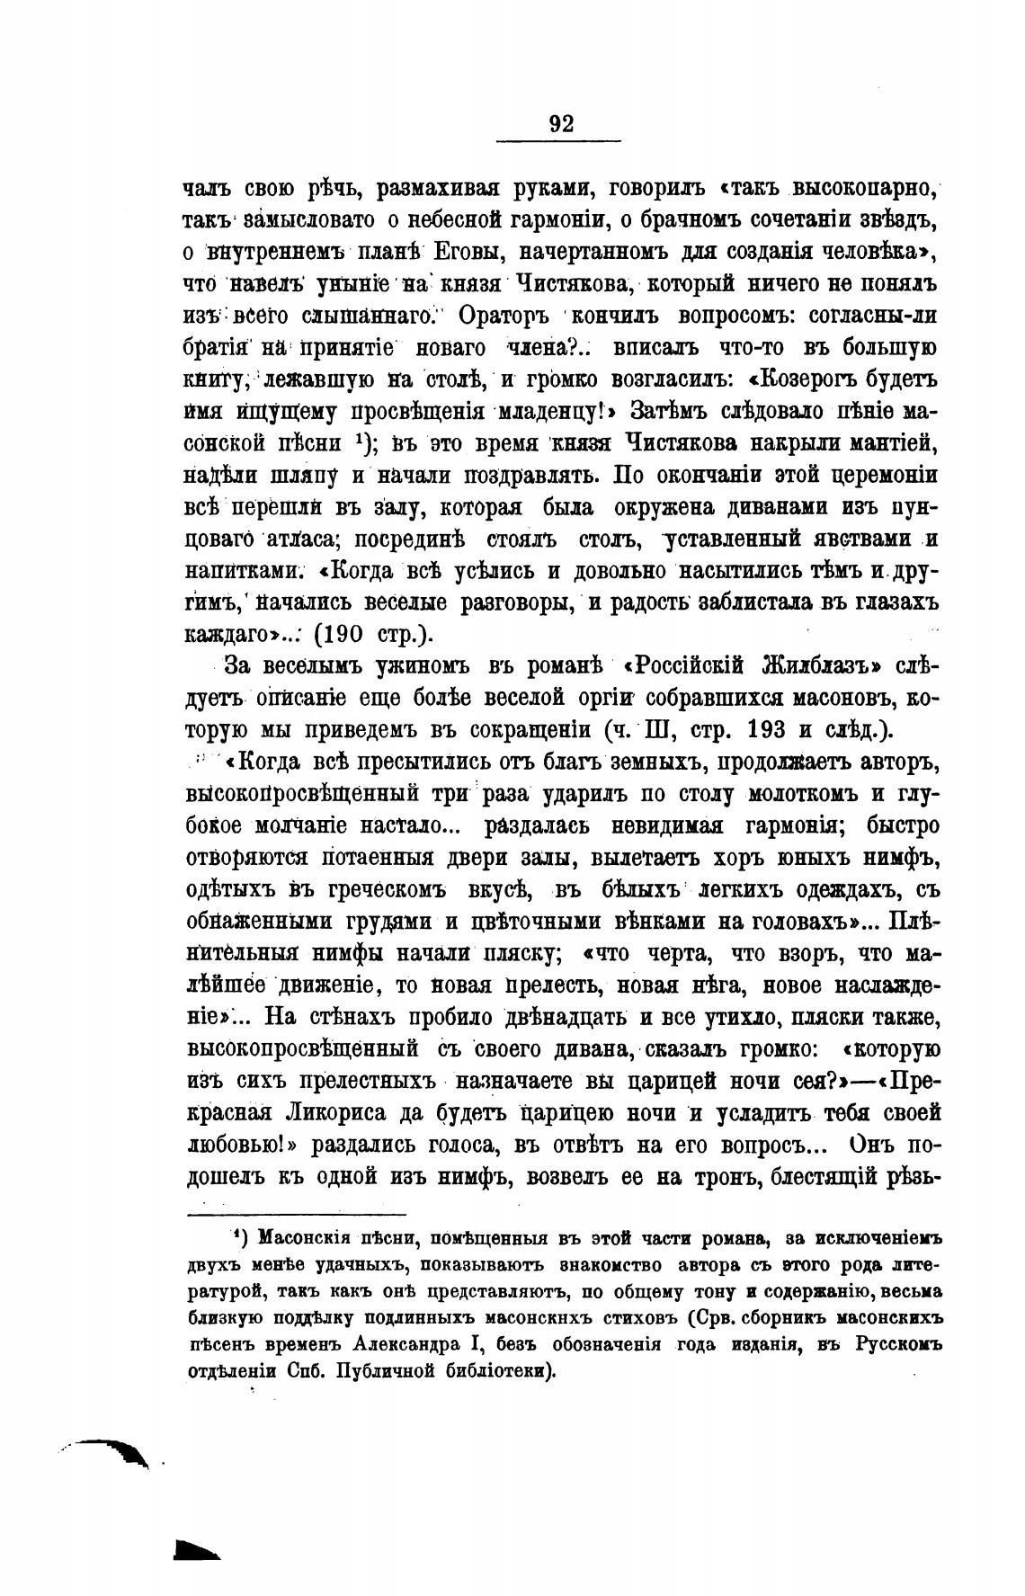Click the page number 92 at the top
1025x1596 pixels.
pos(560,124)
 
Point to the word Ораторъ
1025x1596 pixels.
pos(504,316)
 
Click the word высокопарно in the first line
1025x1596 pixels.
pos(865,191)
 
